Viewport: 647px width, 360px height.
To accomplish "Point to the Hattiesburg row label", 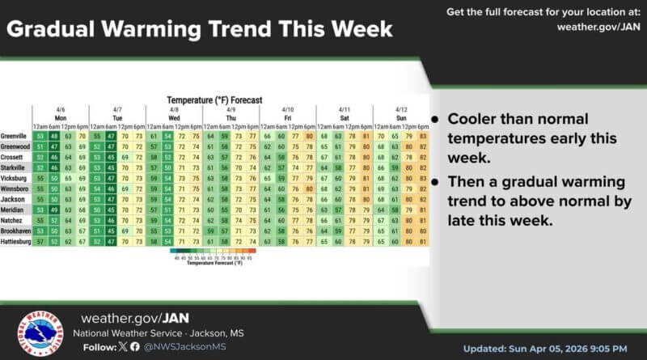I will (16, 241).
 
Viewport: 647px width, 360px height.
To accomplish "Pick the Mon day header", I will (60, 117).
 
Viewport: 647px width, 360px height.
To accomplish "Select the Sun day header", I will (402, 117).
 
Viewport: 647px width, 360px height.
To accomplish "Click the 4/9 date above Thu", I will (230, 108).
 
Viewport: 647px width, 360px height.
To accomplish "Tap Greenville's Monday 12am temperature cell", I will (40, 137).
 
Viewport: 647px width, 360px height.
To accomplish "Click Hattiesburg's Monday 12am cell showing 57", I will (40, 241).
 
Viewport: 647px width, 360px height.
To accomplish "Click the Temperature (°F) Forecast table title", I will (209, 100).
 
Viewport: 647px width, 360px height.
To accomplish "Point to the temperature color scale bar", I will (214, 252).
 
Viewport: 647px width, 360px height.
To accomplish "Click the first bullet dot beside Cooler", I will (435, 118).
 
